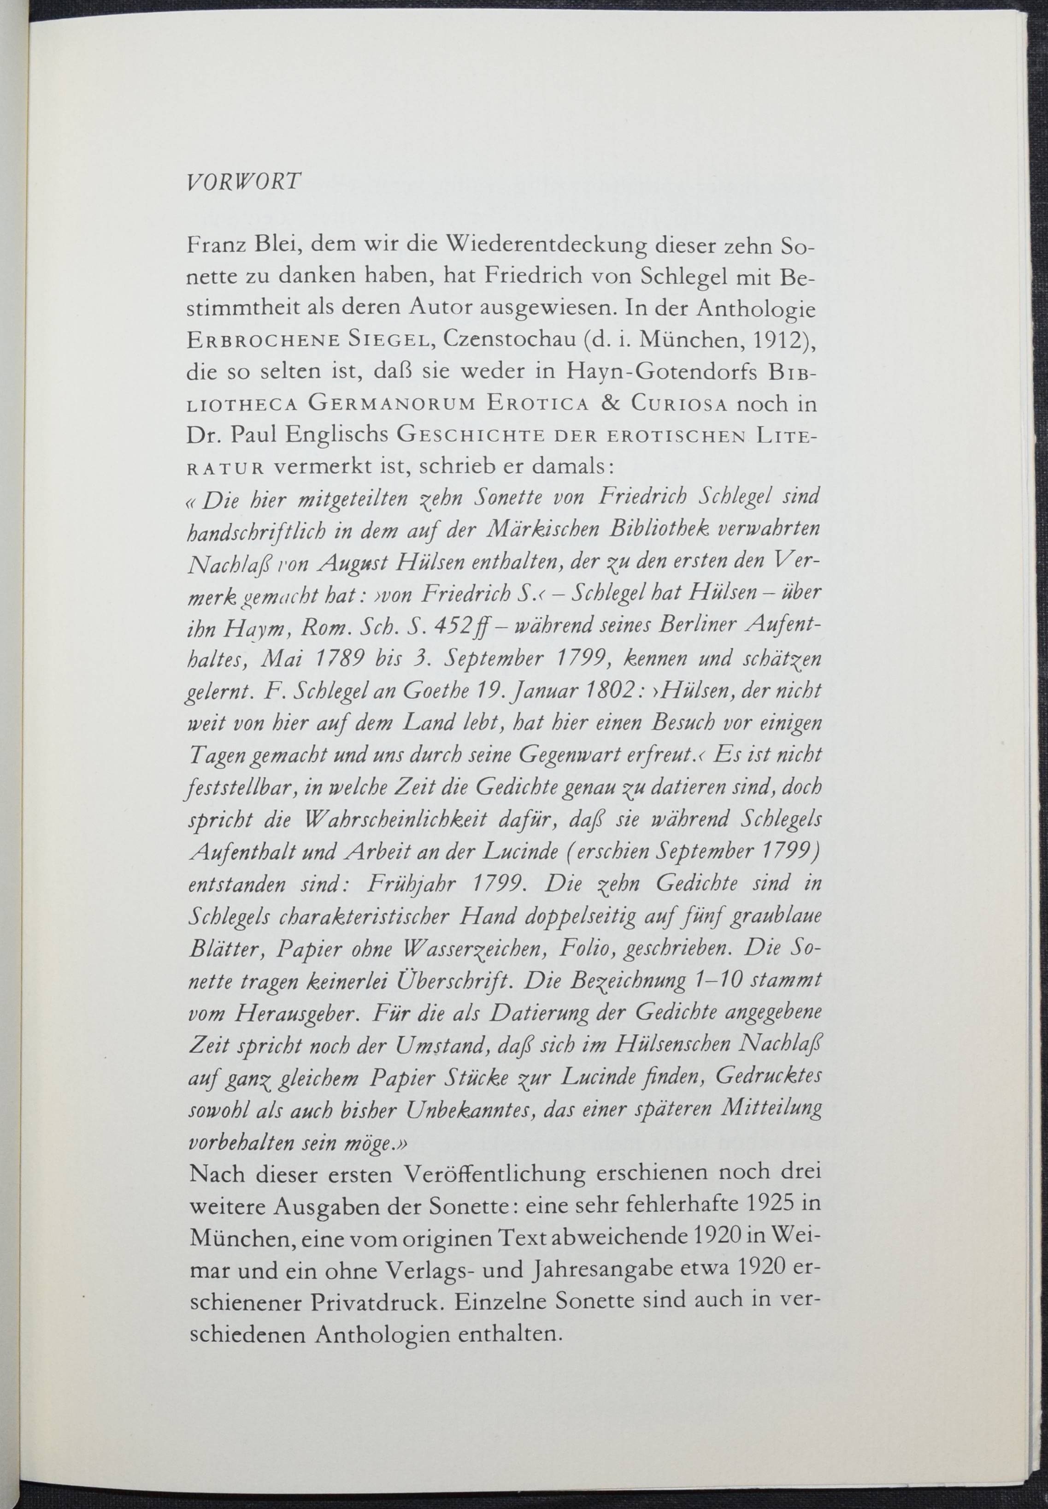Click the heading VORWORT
[x=244, y=181]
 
